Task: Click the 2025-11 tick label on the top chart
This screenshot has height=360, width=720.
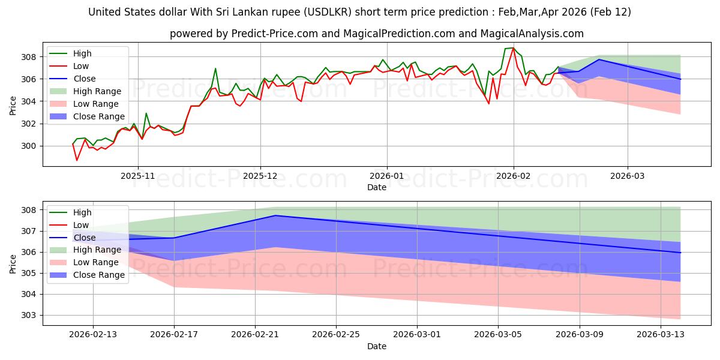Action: pos(138,176)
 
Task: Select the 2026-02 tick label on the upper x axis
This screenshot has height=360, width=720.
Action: pos(513,176)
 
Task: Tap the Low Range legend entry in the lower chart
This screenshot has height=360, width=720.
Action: pos(96,262)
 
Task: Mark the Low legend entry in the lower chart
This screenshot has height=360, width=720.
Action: pos(80,225)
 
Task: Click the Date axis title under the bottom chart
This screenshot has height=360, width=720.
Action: pos(376,346)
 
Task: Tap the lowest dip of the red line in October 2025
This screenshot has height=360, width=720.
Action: pos(77,160)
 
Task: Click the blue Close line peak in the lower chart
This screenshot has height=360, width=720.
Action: pos(275,215)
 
